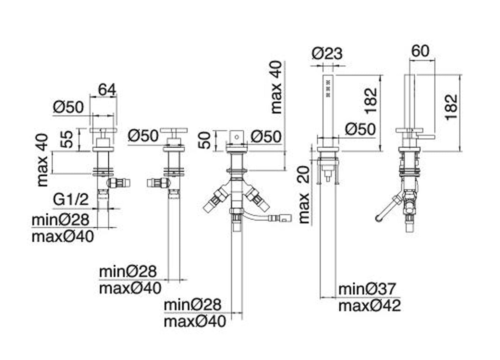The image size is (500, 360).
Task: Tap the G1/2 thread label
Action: [71, 200]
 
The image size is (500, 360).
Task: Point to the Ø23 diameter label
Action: [327, 53]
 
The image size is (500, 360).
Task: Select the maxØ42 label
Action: [370, 306]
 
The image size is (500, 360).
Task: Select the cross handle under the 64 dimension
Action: [103, 130]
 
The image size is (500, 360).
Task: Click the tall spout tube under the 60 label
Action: [409, 100]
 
